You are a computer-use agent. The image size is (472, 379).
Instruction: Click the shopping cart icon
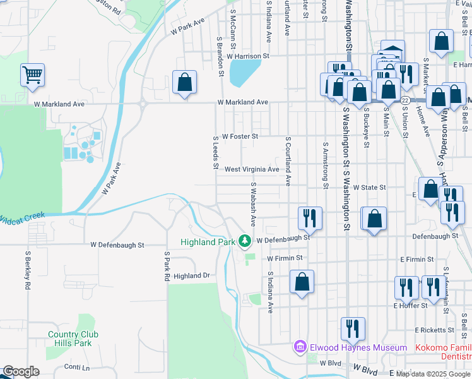(32, 75)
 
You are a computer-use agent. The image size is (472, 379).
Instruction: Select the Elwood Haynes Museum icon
(300, 347)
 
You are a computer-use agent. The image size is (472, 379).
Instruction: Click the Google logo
(21, 371)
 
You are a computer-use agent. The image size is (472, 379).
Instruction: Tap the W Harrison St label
(249, 56)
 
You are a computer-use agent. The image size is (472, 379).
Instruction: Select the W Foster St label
(240, 136)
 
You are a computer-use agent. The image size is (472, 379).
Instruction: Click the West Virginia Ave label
(252, 169)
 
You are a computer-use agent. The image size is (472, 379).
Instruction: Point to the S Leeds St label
(215, 152)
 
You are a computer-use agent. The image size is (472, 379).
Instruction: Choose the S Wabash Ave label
(252, 205)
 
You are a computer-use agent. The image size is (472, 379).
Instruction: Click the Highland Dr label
(191, 276)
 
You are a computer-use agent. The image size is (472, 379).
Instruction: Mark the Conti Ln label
(77, 367)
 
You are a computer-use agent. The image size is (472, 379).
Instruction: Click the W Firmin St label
(285, 258)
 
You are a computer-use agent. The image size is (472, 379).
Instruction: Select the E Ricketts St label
(435, 330)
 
